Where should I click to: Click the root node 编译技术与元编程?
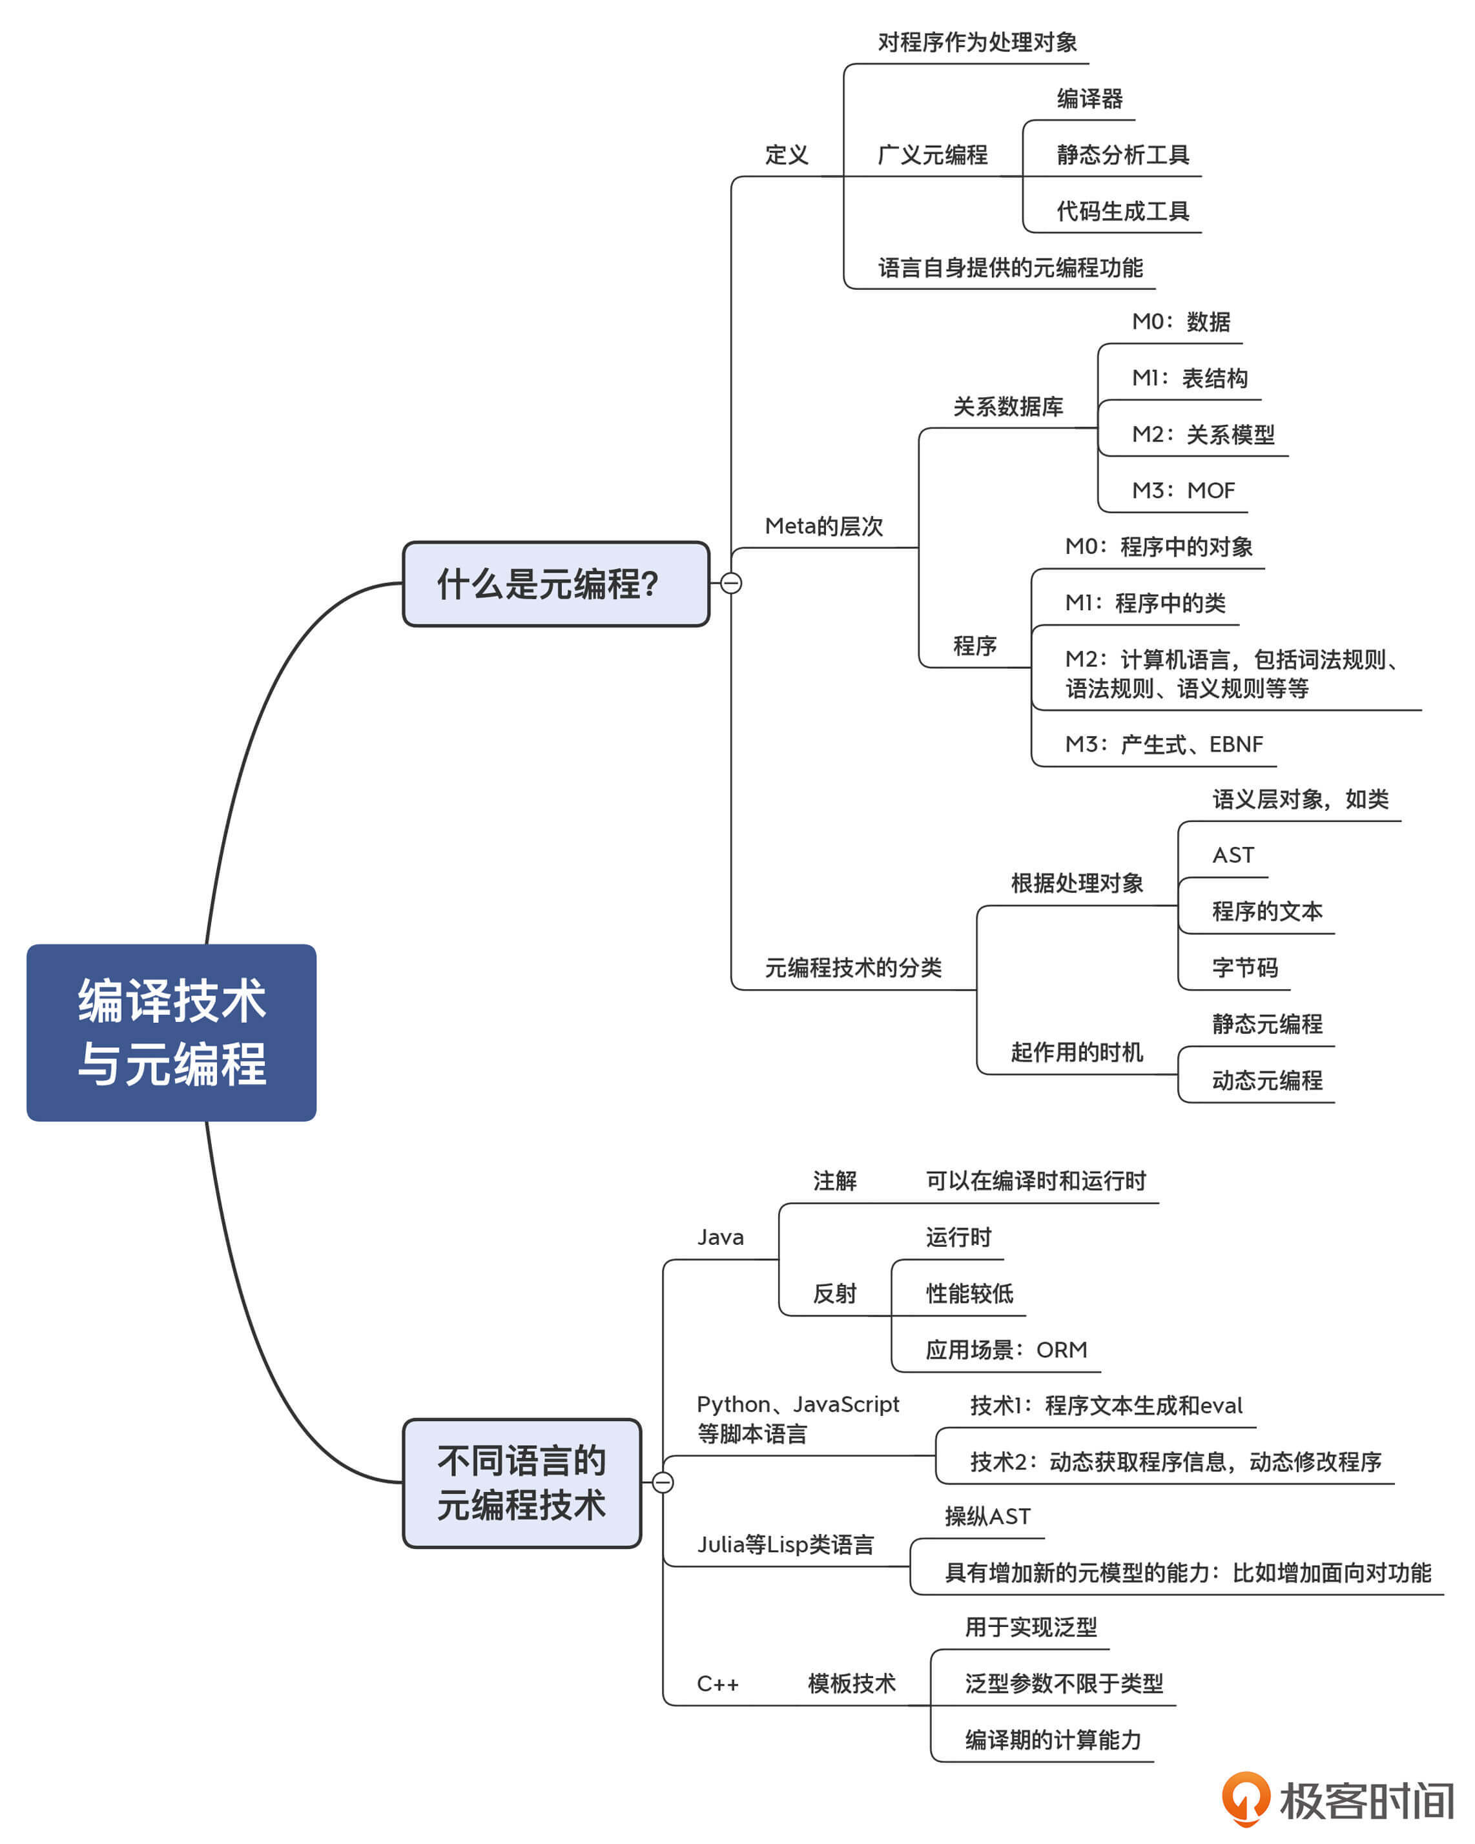pos(171,1032)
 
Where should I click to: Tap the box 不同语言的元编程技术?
pos(522,1483)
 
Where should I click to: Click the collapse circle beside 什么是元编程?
pos(730,583)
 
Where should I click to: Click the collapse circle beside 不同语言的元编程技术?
pos(663,1482)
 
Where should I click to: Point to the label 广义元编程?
pos(933,156)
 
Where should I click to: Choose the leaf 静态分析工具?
pos(1122,156)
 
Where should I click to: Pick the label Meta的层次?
pos(823,526)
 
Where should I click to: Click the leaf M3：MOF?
pos(1183,491)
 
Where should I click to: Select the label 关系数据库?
pos(1008,407)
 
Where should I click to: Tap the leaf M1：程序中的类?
pos(1145,603)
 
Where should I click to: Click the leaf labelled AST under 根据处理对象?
pos(1233,855)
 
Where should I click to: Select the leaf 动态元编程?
pos(1267,1081)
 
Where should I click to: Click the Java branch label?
pos(721,1238)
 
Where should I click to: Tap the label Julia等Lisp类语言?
pos(785,1544)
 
